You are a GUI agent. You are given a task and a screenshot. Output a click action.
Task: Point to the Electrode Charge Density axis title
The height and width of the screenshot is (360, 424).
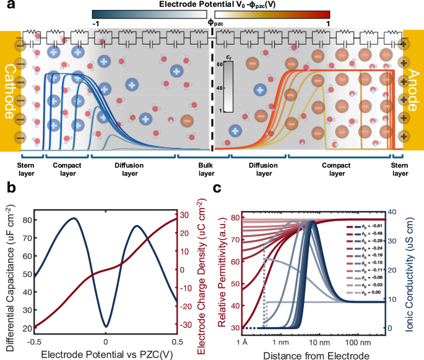click(x=202, y=273)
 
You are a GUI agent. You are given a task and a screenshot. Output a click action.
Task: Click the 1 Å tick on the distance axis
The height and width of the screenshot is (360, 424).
click(x=242, y=340)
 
